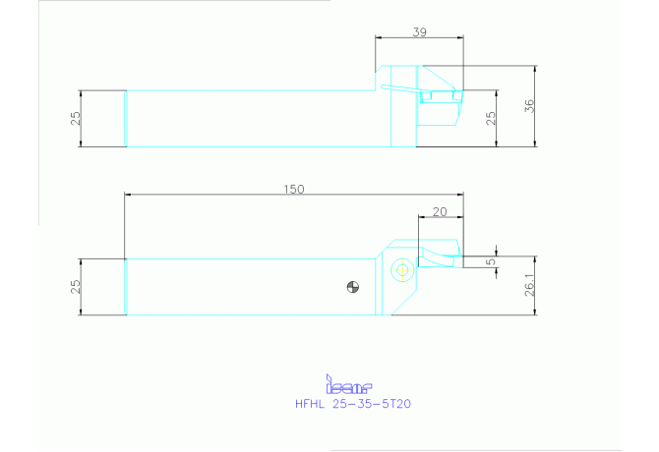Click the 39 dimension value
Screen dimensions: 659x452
pos(419,31)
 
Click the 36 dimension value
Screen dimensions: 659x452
pos(529,105)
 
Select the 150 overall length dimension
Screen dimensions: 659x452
pos(293,190)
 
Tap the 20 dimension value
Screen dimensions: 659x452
pos(440,212)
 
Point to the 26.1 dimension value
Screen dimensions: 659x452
pos(529,285)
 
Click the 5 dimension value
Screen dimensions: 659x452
pos(491,262)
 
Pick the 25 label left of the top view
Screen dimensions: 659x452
pos(75,118)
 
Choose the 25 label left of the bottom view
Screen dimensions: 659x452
pos(75,287)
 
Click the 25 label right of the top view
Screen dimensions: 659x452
pos(491,118)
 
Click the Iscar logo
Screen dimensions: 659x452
pos(349,388)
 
